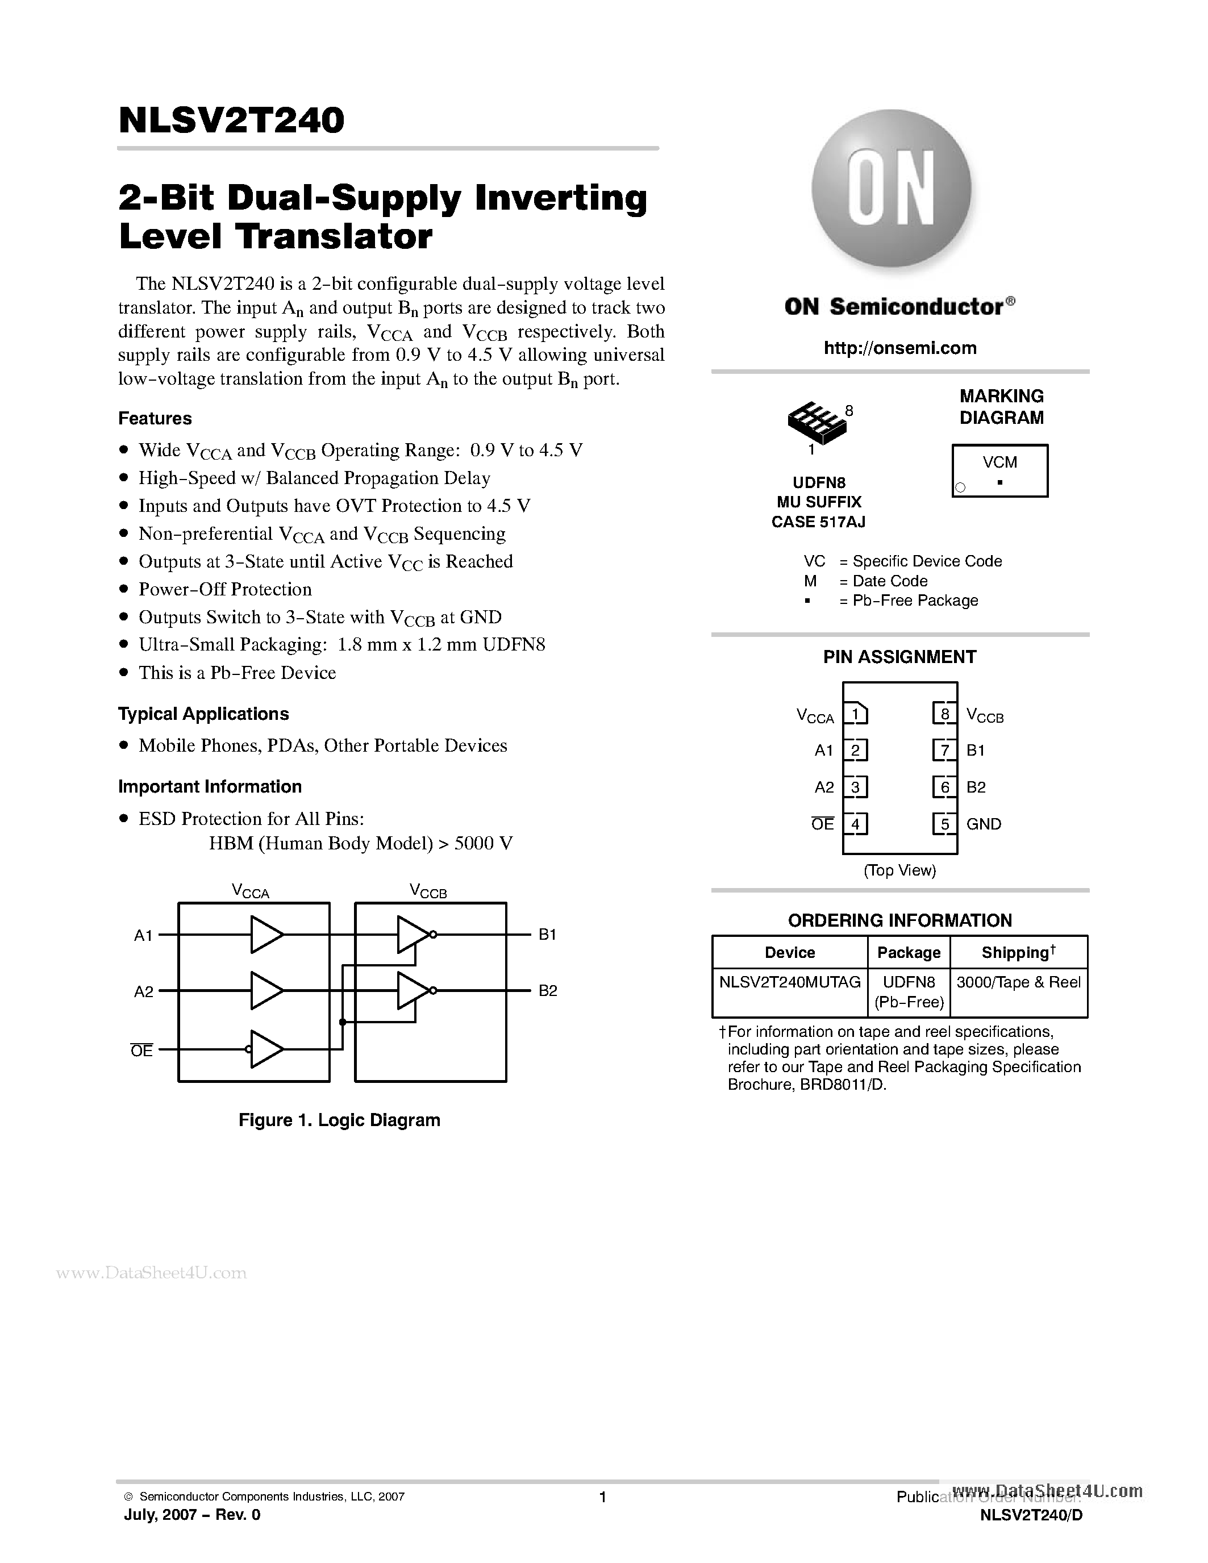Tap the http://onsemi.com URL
pos(899,348)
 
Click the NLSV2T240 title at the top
pos(231,120)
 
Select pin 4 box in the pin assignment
pos(855,824)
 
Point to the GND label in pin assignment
pos(984,824)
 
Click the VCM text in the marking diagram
pos(999,462)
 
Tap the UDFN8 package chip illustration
pos(817,422)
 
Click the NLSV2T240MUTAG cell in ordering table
pos(789,982)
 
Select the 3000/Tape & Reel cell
pos(1018,982)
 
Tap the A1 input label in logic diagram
pos(143,935)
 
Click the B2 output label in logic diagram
pos(548,991)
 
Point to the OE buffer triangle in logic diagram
pos(265,1050)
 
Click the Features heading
pos(155,418)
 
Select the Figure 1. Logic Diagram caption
pos(339,1120)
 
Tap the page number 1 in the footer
pos(602,1497)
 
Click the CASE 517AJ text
pos(818,522)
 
